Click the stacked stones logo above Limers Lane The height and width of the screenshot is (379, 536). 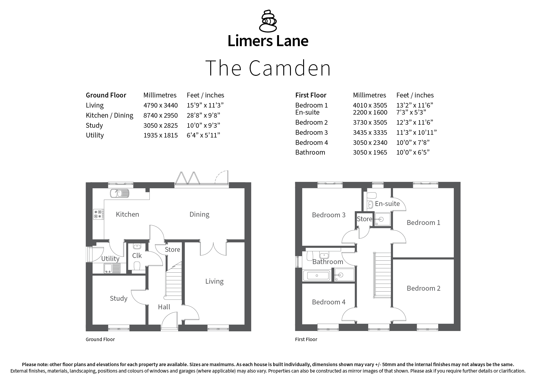click(268, 21)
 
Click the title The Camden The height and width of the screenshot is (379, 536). click(268, 68)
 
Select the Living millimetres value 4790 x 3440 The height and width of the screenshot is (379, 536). click(160, 105)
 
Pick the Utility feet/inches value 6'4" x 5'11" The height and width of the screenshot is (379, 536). click(203, 135)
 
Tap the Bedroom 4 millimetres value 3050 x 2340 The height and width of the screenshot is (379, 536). click(370, 143)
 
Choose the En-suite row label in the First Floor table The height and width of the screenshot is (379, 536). click(307, 112)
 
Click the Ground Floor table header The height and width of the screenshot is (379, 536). click(106, 95)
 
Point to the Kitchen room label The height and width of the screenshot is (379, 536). click(127, 215)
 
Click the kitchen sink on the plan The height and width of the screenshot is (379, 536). click(120, 193)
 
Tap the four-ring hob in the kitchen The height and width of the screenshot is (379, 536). click(98, 214)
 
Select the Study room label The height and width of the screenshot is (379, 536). click(119, 298)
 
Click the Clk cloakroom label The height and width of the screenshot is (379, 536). click(137, 256)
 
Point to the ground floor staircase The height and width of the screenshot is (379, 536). click(174, 280)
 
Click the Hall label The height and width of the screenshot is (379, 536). click(164, 307)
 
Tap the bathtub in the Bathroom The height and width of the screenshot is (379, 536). click(317, 276)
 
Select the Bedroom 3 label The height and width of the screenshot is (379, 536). click(329, 215)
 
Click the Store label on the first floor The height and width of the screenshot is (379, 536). click(365, 219)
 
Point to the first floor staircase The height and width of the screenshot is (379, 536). click(382, 275)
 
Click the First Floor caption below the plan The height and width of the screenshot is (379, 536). click(306, 340)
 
